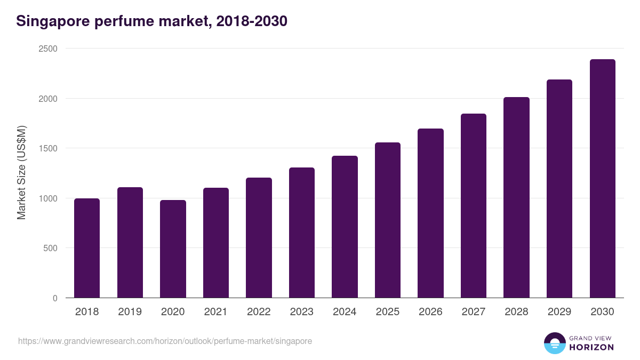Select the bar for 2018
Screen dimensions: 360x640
pyautogui.click(x=87, y=248)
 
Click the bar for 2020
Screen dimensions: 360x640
pyautogui.click(x=173, y=249)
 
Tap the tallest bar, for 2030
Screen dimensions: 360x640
pyautogui.click(x=602, y=179)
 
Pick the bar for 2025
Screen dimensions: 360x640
pyautogui.click(x=388, y=220)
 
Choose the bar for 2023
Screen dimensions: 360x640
pyautogui.click(x=302, y=233)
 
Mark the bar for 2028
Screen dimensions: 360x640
pyautogui.click(x=516, y=197)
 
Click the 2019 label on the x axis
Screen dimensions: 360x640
pyautogui.click(x=130, y=312)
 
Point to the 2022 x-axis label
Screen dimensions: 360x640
pyautogui.click(x=259, y=312)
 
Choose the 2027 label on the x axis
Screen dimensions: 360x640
pyautogui.click(x=473, y=312)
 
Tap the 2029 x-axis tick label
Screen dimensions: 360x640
pyautogui.click(x=559, y=312)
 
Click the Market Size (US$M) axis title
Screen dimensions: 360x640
pyautogui.click(x=21, y=173)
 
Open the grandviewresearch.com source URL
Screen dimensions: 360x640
pyautogui.click(x=165, y=341)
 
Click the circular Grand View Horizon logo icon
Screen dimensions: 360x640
pyautogui.click(x=554, y=343)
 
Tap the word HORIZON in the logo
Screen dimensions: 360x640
pyautogui.click(x=591, y=347)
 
